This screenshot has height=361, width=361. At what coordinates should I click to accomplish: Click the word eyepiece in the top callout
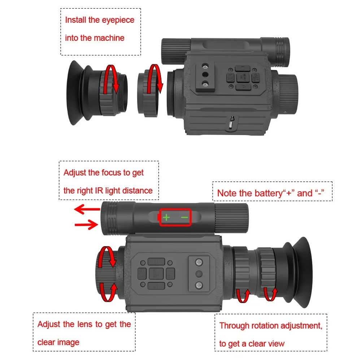click(116, 20)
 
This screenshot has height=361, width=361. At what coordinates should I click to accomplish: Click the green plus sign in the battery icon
click(166, 217)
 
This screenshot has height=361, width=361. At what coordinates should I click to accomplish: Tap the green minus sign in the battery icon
click(184, 217)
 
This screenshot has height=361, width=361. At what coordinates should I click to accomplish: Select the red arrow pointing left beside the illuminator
click(87, 209)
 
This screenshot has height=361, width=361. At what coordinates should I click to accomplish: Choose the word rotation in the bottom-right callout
click(260, 326)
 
